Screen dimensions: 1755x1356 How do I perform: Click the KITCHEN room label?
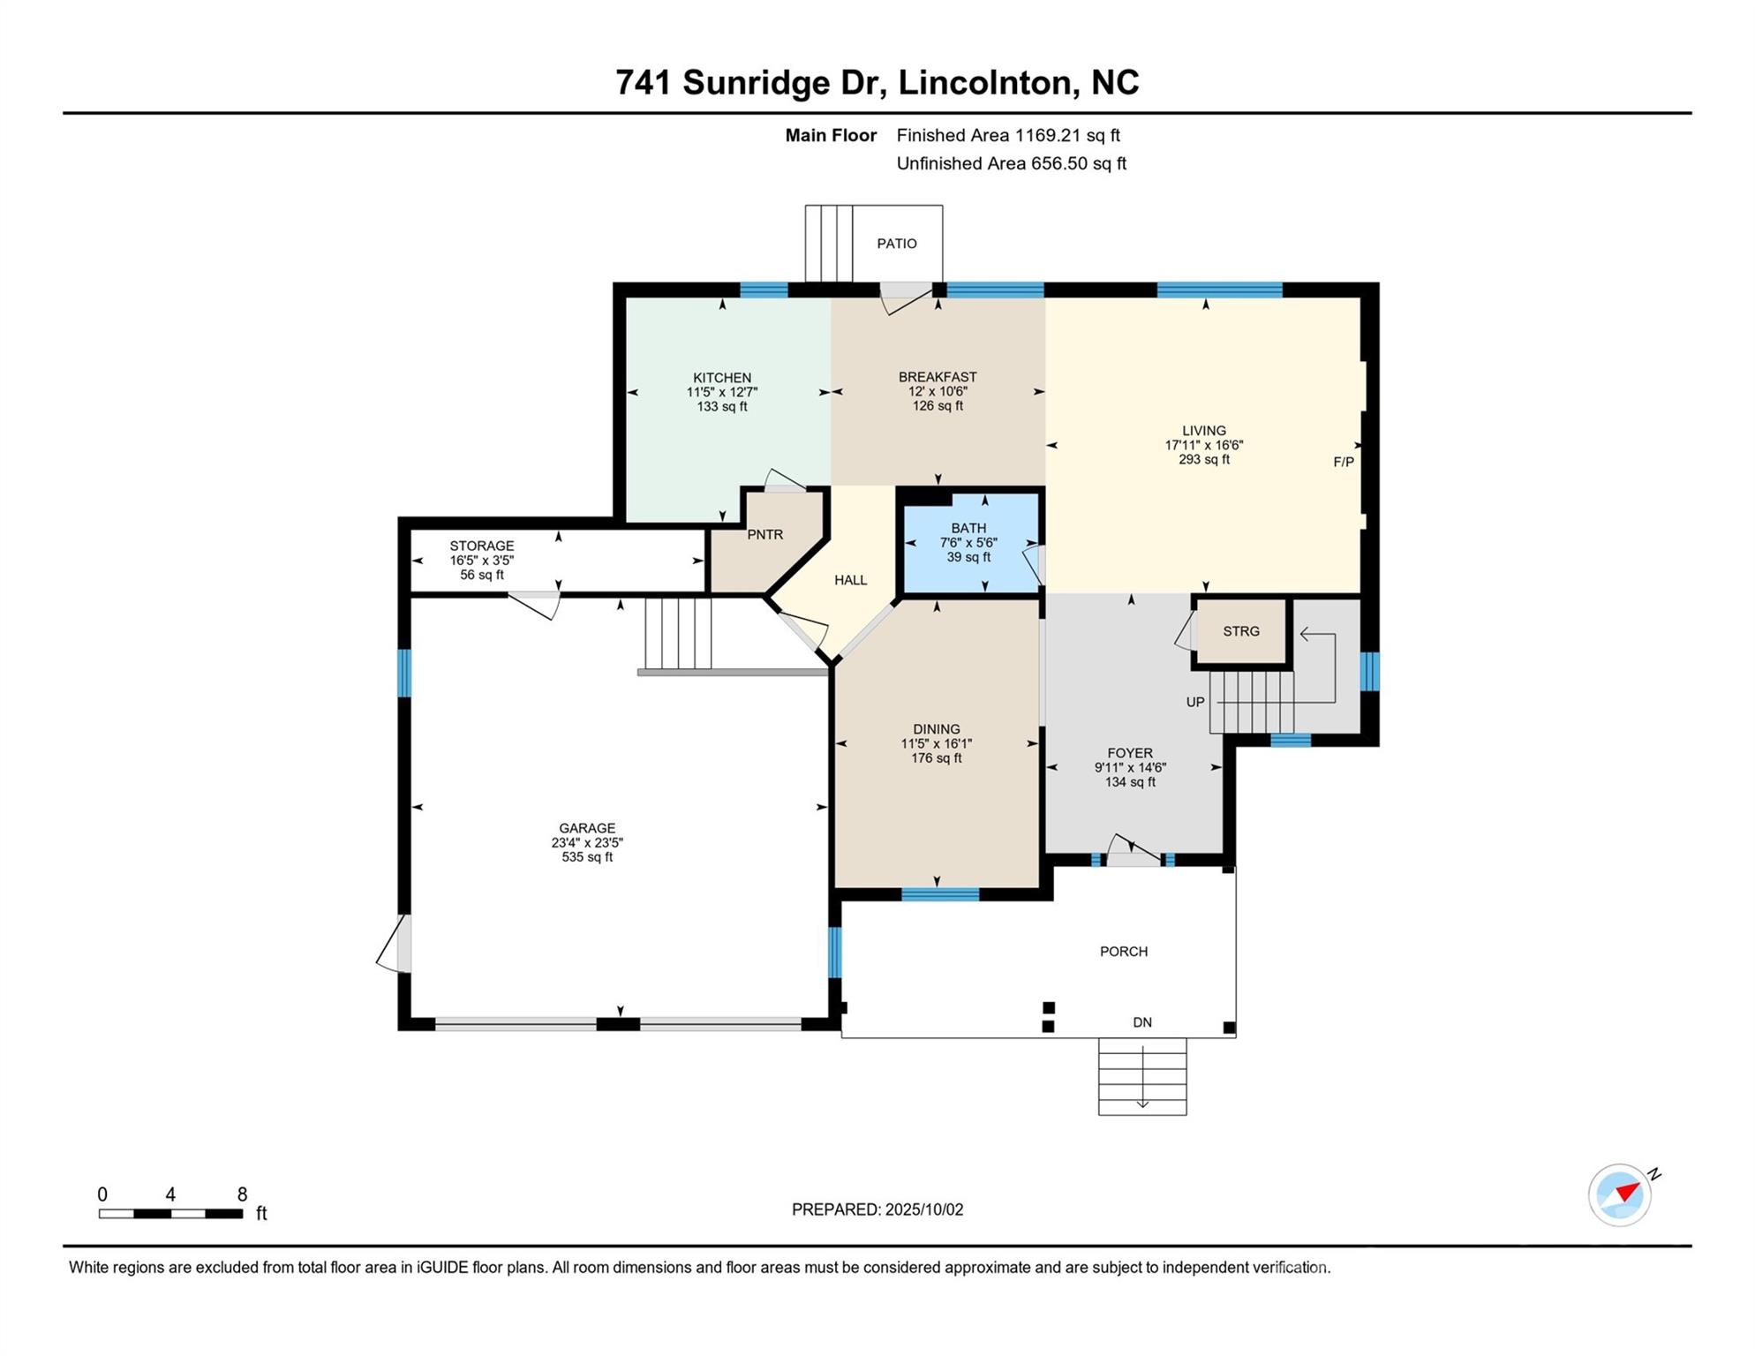pyautogui.click(x=722, y=378)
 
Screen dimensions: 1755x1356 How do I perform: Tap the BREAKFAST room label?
pyautogui.click(x=938, y=377)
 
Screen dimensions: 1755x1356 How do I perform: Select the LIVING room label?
pyautogui.click(x=1204, y=431)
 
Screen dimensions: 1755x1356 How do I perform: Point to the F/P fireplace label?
pyautogui.click(x=1344, y=462)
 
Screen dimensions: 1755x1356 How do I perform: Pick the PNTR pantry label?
pyautogui.click(x=765, y=534)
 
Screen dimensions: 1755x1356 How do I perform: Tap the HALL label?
pyautogui.click(x=851, y=580)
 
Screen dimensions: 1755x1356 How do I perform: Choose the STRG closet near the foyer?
pyautogui.click(x=1241, y=631)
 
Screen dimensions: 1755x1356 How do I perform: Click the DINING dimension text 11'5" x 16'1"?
pyautogui.click(x=937, y=743)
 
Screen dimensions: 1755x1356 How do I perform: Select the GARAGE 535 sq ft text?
pyautogui.click(x=587, y=856)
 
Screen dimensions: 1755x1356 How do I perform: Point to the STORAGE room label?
pyautogui.click(x=482, y=546)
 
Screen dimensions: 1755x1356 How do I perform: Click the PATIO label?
pyautogui.click(x=897, y=244)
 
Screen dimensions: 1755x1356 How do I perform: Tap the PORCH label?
pyautogui.click(x=1124, y=952)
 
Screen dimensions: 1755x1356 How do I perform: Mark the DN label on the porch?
pyautogui.click(x=1142, y=1022)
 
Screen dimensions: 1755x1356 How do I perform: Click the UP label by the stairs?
pyautogui.click(x=1195, y=702)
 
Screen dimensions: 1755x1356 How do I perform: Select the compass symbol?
pyautogui.click(x=1621, y=1194)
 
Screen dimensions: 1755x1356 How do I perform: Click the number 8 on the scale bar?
pyautogui.click(x=242, y=1194)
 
